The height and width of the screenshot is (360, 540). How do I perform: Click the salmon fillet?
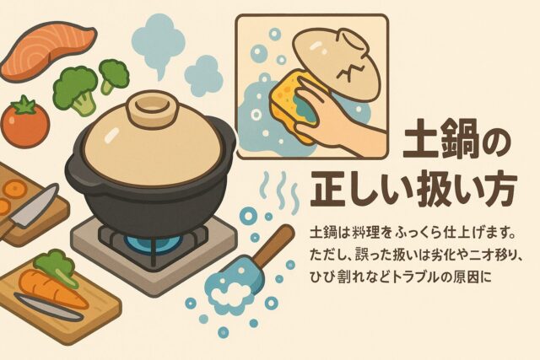(48, 51)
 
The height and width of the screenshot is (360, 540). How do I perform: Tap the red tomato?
(25, 123)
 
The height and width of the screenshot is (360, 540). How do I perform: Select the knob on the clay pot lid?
(151, 109)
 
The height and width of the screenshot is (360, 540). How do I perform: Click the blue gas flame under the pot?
(152, 241)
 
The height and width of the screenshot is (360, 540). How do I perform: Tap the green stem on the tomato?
(24, 106)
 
